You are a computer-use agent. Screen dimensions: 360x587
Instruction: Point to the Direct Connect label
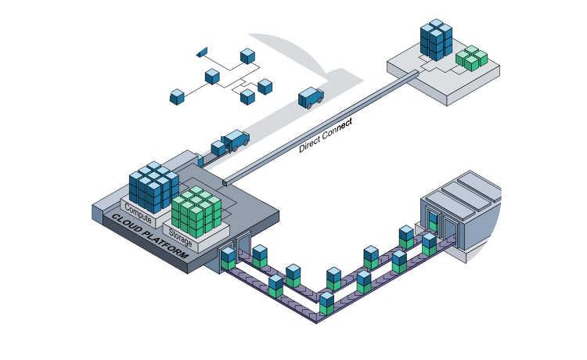tap(326, 135)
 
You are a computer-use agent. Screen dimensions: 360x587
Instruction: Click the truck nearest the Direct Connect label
tap(311, 97)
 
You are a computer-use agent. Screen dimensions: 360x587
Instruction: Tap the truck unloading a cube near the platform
tap(236, 141)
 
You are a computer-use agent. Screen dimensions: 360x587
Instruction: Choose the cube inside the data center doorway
tap(433, 222)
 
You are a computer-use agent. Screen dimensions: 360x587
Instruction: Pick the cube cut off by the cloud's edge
tap(203, 52)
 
